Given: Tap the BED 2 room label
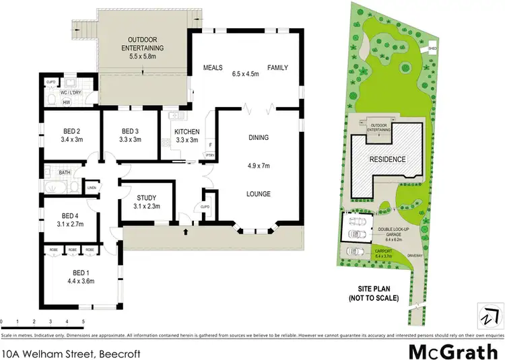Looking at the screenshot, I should tap(71, 131).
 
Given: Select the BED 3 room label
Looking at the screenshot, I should tap(131, 131).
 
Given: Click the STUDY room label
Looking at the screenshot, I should tap(146, 198).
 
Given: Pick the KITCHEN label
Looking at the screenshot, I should tap(187, 131).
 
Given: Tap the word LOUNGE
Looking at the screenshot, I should tap(258, 194).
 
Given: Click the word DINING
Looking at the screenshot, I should tap(258, 137).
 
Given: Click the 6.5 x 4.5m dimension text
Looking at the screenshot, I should tap(246, 68).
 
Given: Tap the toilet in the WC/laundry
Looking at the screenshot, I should tap(52, 98).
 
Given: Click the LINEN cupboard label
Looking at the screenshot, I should tap(92, 188).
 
